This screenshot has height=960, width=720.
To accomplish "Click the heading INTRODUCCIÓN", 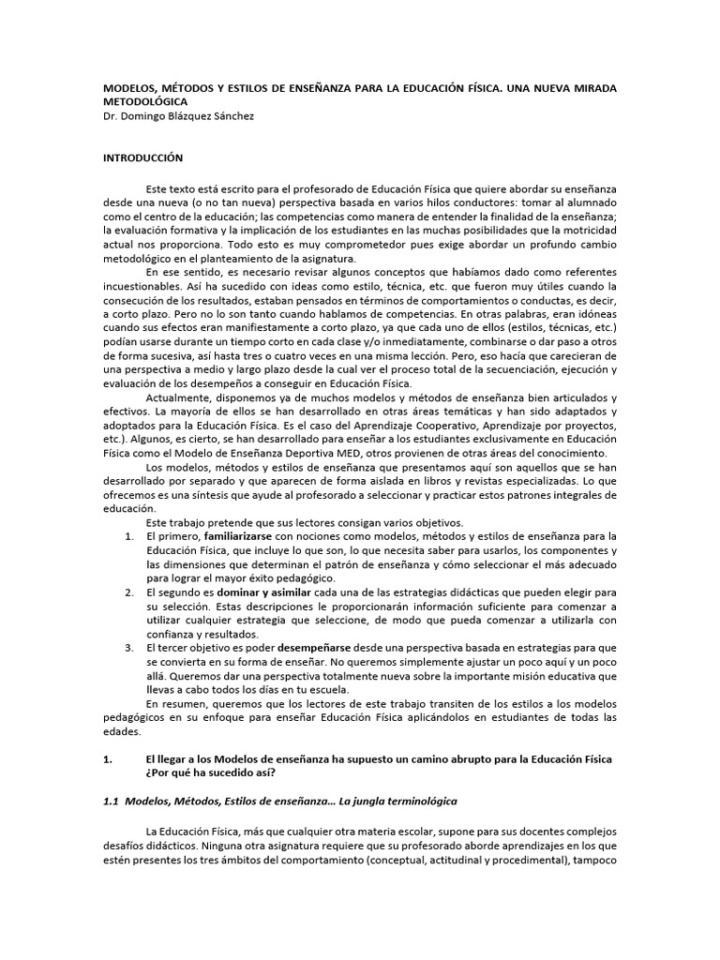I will pos(142,157).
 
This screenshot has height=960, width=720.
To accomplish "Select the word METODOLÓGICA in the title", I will pos(144,101).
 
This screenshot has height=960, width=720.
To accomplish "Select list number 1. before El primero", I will pos(129,535).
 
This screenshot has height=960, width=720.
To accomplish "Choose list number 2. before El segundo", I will pos(129,593).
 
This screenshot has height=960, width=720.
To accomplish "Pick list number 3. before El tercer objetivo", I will pos(129,648).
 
